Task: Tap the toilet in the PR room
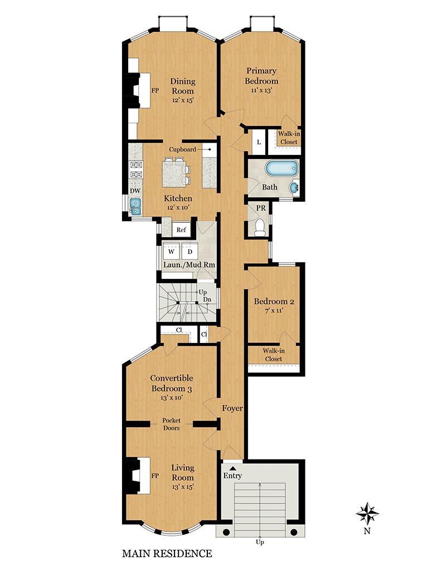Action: click(260, 228)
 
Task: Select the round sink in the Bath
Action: click(294, 188)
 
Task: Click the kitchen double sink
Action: click(135, 206)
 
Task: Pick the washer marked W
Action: click(172, 251)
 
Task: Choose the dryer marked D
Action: click(189, 251)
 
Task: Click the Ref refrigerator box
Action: click(181, 230)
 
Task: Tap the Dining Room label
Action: click(183, 86)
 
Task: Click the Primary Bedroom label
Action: click(261, 76)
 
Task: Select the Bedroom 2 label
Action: click(274, 302)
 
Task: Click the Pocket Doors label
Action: click(172, 424)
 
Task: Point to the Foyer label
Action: click(232, 409)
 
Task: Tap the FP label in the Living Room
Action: click(155, 476)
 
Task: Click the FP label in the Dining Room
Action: click(155, 90)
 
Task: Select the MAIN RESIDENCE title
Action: click(167, 554)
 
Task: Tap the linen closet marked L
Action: click(259, 142)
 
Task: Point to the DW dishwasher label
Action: click(135, 191)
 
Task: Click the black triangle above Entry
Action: click(232, 468)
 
